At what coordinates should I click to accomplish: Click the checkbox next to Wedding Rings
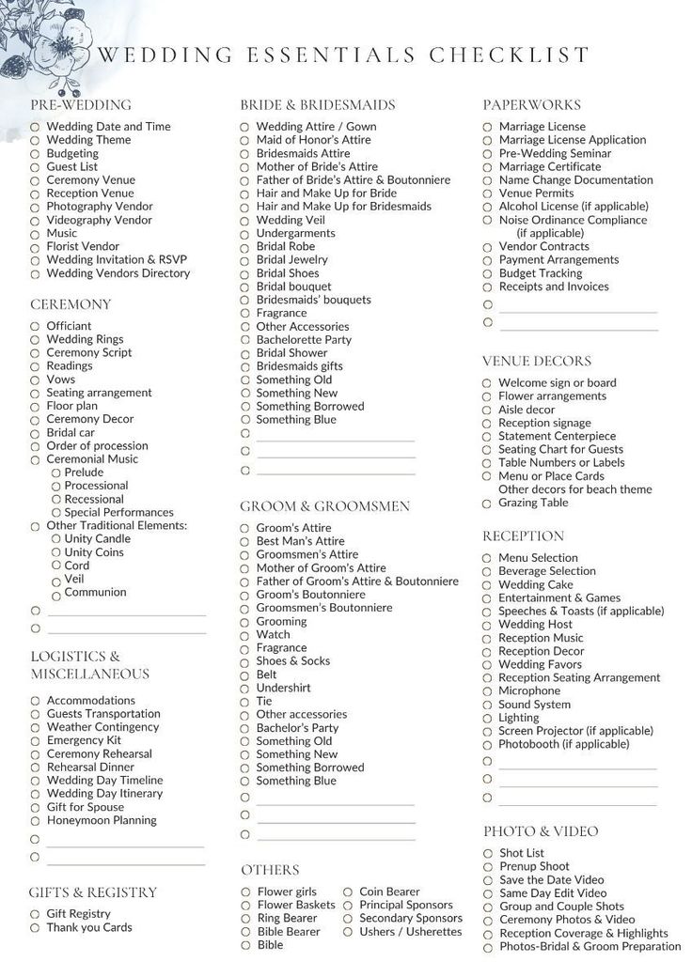click(35, 340)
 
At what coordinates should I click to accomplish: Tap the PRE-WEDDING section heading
click(81, 105)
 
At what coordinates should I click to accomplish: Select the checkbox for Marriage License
click(488, 127)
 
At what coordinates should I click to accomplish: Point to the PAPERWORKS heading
click(531, 105)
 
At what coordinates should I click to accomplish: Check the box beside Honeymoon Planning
click(35, 821)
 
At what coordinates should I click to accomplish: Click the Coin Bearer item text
click(389, 892)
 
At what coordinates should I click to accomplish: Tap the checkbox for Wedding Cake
click(487, 585)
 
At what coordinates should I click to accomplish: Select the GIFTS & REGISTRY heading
click(93, 892)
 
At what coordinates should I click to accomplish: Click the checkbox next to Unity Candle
click(56, 539)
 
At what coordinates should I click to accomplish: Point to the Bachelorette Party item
click(304, 340)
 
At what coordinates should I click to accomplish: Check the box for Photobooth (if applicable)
click(487, 745)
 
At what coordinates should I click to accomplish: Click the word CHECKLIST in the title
click(510, 54)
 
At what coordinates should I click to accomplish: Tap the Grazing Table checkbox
click(487, 504)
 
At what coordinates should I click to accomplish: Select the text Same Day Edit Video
click(553, 893)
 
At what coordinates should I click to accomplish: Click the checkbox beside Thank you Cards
click(35, 928)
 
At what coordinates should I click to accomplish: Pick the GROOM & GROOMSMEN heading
click(325, 506)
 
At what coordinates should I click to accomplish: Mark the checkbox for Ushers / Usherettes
click(348, 932)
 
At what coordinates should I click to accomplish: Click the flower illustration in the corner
click(42, 42)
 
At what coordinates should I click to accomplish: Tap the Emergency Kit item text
click(84, 740)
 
